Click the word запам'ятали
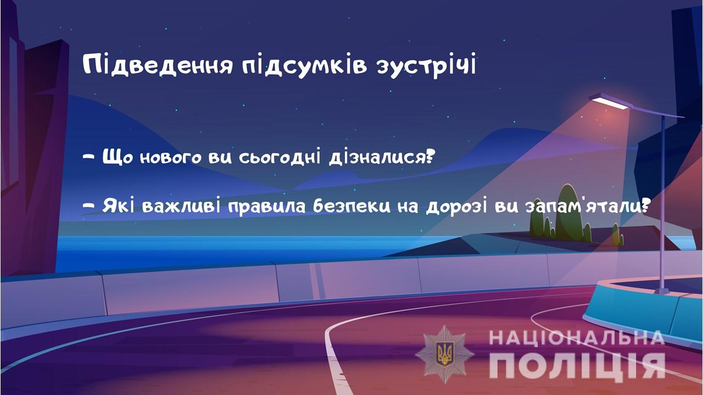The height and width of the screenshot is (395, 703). point(583,206)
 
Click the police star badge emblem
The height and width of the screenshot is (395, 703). point(445,354)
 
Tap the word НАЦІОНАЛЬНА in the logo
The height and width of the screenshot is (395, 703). point(577,338)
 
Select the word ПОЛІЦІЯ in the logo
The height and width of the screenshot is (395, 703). point(577,365)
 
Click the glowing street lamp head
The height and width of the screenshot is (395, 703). point(610,102)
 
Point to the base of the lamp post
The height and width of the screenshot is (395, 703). point(662,291)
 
